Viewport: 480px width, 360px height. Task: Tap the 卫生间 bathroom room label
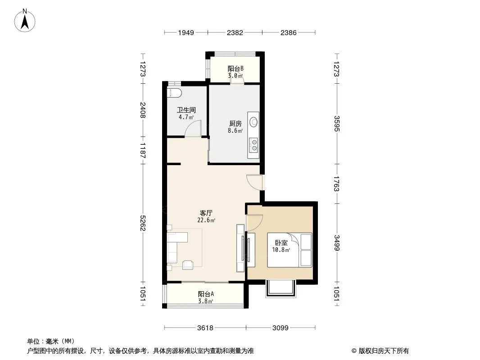click(x=186, y=110)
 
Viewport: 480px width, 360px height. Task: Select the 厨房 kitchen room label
click(x=235, y=124)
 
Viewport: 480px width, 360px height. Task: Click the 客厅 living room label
click(x=206, y=213)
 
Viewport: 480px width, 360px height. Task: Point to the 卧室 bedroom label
click(x=281, y=243)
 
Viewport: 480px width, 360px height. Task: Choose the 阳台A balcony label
click(x=206, y=294)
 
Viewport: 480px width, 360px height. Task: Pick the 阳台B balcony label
click(x=235, y=68)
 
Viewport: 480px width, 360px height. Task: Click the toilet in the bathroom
click(x=175, y=93)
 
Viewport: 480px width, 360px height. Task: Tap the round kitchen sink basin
click(x=254, y=122)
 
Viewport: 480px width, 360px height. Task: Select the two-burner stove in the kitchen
click(x=254, y=145)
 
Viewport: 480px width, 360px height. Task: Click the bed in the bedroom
click(x=290, y=250)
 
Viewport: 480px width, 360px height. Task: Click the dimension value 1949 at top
click(x=186, y=32)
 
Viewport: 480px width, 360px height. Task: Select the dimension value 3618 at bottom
click(x=205, y=328)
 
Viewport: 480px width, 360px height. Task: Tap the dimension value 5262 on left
click(x=143, y=223)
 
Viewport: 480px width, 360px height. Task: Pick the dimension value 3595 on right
click(x=336, y=124)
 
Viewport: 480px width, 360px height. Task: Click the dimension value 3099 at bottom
click(x=281, y=328)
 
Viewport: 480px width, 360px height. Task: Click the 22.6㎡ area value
click(x=206, y=220)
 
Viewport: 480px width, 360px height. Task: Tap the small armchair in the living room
click(x=188, y=265)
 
